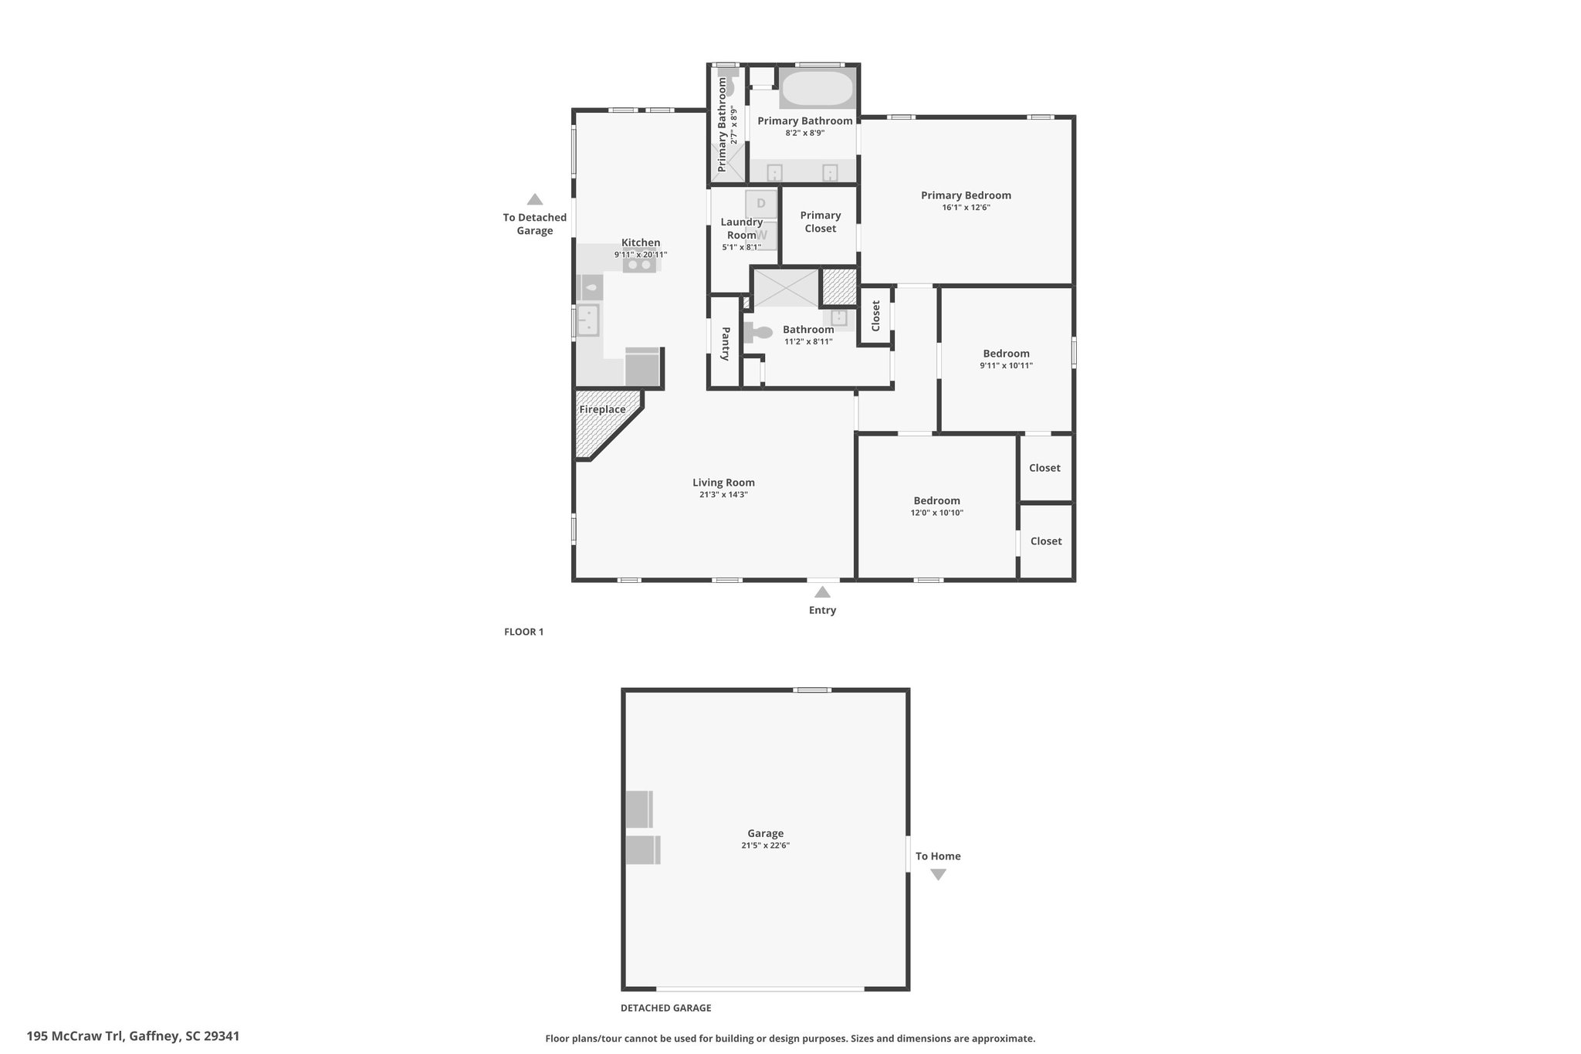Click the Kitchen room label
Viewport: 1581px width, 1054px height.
(641, 242)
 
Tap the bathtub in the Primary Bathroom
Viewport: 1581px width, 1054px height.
(818, 89)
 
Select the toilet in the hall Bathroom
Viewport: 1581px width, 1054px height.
(758, 333)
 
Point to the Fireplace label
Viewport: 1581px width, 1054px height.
(602, 409)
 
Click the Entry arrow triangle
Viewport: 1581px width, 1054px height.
(822, 592)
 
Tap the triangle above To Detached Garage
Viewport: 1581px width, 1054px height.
(534, 199)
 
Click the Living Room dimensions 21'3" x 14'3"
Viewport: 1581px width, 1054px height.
(723, 495)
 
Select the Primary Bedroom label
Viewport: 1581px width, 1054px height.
(966, 195)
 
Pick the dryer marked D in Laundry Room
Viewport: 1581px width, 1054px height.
(761, 203)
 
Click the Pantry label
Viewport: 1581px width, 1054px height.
(726, 344)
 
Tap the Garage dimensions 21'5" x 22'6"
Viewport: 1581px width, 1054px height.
(765, 846)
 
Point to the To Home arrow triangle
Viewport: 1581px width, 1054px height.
(938, 875)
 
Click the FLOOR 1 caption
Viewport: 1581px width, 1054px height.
(523, 632)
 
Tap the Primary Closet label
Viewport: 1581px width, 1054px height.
(820, 222)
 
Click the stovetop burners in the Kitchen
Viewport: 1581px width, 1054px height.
(640, 265)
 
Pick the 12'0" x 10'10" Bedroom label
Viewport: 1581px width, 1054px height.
(937, 500)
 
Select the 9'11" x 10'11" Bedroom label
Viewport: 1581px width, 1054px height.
(1006, 354)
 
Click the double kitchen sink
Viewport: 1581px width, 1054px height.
(588, 320)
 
